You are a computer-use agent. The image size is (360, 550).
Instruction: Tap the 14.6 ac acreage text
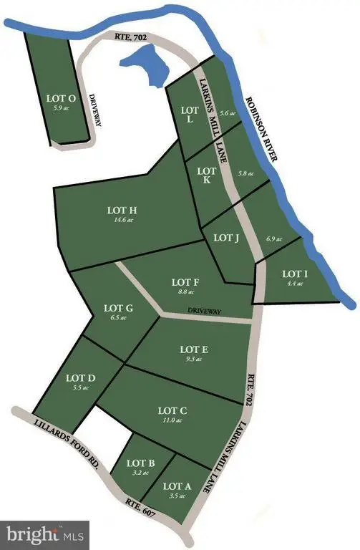click(x=122, y=220)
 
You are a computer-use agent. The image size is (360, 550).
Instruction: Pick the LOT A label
click(x=179, y=486)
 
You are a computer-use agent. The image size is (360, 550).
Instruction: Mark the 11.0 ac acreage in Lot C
click(x=172, y=422)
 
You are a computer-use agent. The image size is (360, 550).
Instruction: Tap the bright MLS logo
click(x=44, y=534)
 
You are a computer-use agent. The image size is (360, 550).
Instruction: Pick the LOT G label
click(x=120, y=309)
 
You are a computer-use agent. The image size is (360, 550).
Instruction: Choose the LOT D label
click(x=80, y=377)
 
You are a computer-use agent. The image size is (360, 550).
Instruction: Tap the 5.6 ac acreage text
click(x=228, y=113)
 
